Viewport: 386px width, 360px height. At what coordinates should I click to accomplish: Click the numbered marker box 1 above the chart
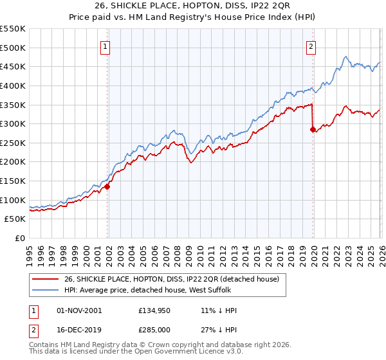tap(104, 46)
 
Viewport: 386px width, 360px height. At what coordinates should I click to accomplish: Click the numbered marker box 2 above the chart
tap(311, 46)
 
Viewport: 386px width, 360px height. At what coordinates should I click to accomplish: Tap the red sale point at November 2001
tap(107, 186)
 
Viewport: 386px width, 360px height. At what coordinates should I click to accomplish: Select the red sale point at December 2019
tap(313, 130)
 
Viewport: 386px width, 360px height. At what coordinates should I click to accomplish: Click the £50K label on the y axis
tap(15, 219)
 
